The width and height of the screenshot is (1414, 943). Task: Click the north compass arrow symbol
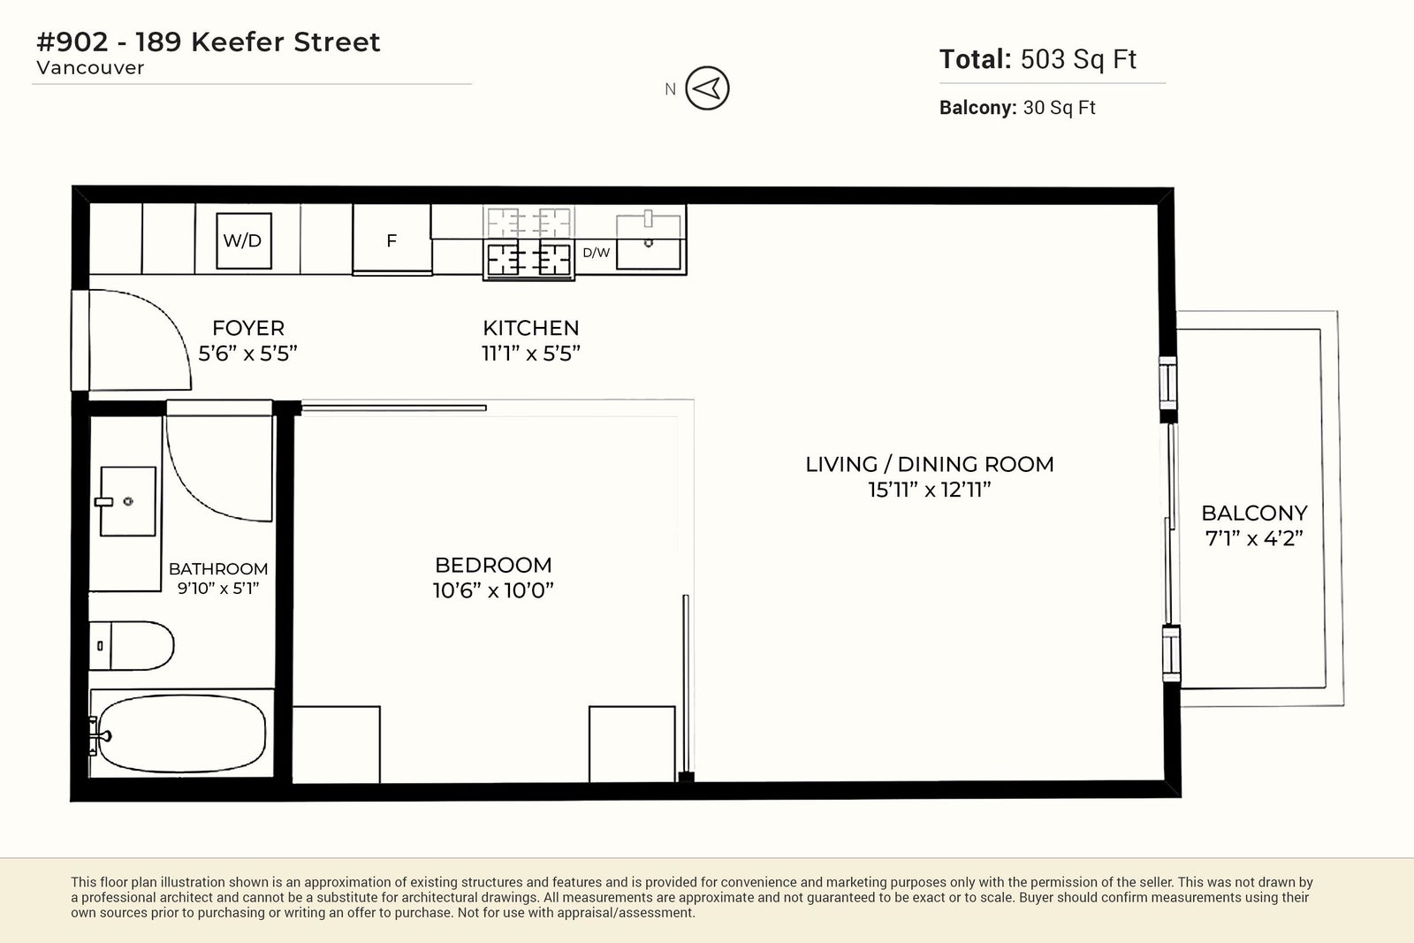707,88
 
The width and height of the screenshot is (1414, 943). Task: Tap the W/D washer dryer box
244,240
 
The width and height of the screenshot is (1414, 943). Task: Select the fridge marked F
392,240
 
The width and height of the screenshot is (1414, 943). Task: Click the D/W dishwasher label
596,253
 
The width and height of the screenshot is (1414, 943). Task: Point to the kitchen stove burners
529,259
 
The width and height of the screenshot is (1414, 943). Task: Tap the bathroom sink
127,501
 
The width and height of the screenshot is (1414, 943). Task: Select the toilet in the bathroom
132,645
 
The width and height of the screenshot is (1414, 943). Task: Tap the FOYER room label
248,328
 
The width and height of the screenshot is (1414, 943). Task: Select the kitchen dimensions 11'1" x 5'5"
531,354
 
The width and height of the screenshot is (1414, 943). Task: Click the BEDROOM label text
493,565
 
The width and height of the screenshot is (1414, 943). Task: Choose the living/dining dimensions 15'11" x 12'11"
929,490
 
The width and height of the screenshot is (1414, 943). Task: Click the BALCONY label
1254,513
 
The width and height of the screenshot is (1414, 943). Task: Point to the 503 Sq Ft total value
1078,59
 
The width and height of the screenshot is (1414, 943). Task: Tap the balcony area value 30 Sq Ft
1060,108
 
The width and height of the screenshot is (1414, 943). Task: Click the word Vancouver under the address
90,67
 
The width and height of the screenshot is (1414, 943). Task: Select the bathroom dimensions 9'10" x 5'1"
217,589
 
